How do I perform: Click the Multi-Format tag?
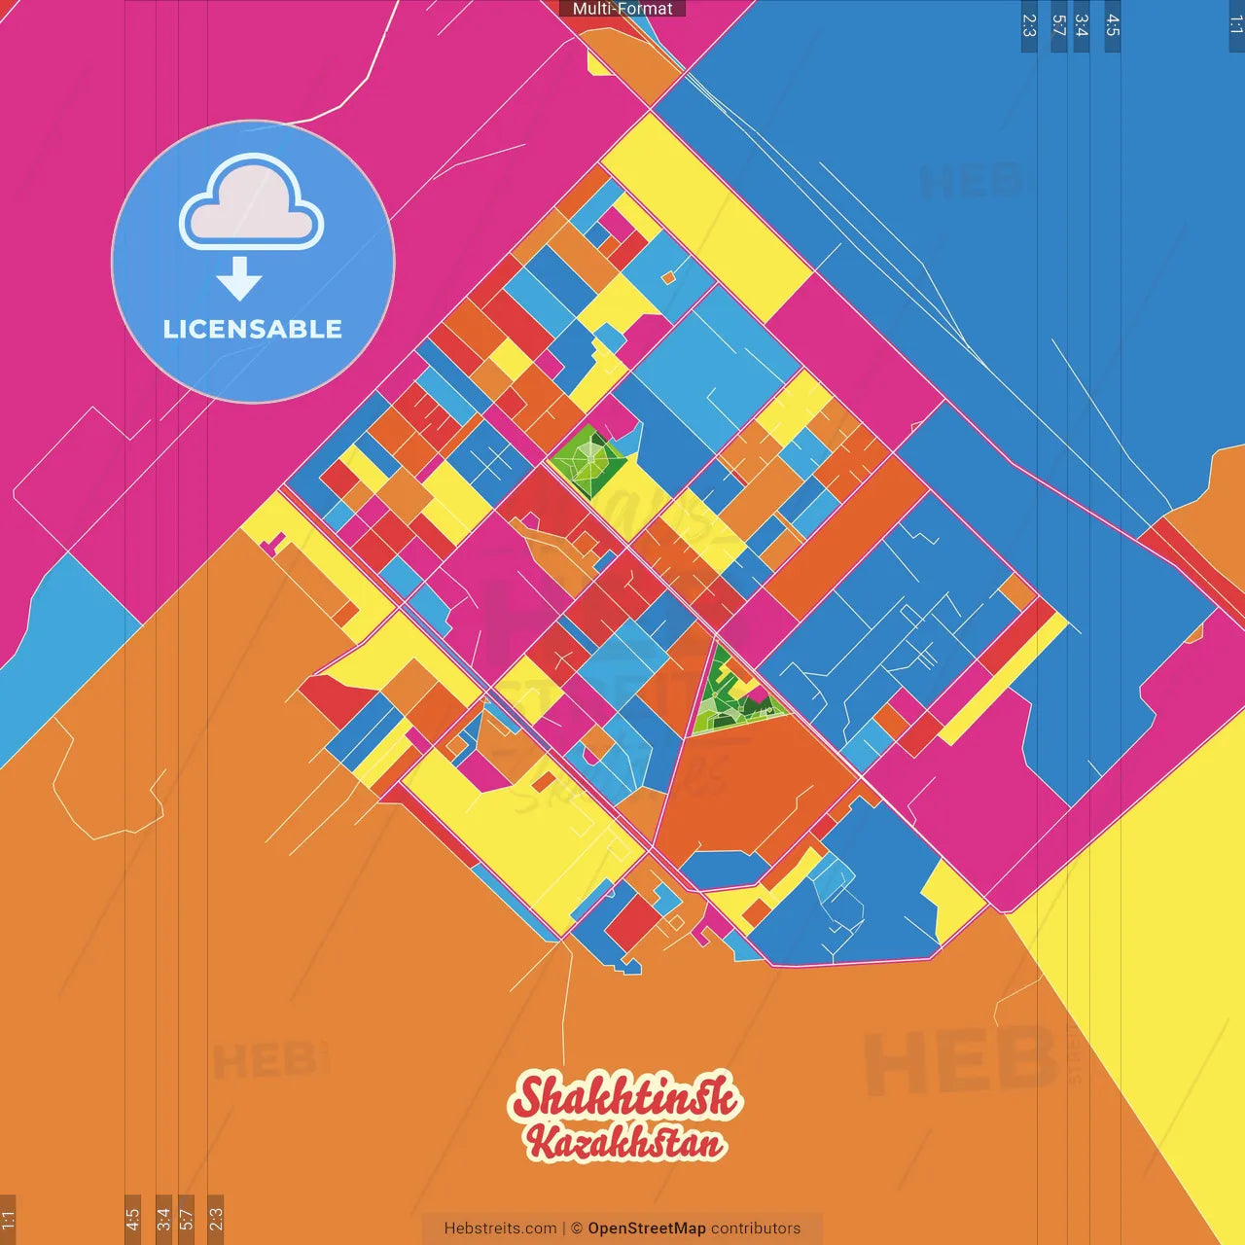point(622,9)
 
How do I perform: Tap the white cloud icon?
point(252,203)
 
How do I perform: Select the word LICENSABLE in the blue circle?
point(253,329)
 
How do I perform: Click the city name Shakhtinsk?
point(624,1097)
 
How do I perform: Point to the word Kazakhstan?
point(626,1144)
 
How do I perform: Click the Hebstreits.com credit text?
point(500,1228)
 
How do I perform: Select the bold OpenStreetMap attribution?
point(647,1228)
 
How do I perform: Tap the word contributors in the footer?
point(756,1228)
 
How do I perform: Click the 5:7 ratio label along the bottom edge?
point(187,1218)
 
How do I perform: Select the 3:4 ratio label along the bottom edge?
point(163,1218)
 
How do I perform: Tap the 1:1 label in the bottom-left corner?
point(8,1218)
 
